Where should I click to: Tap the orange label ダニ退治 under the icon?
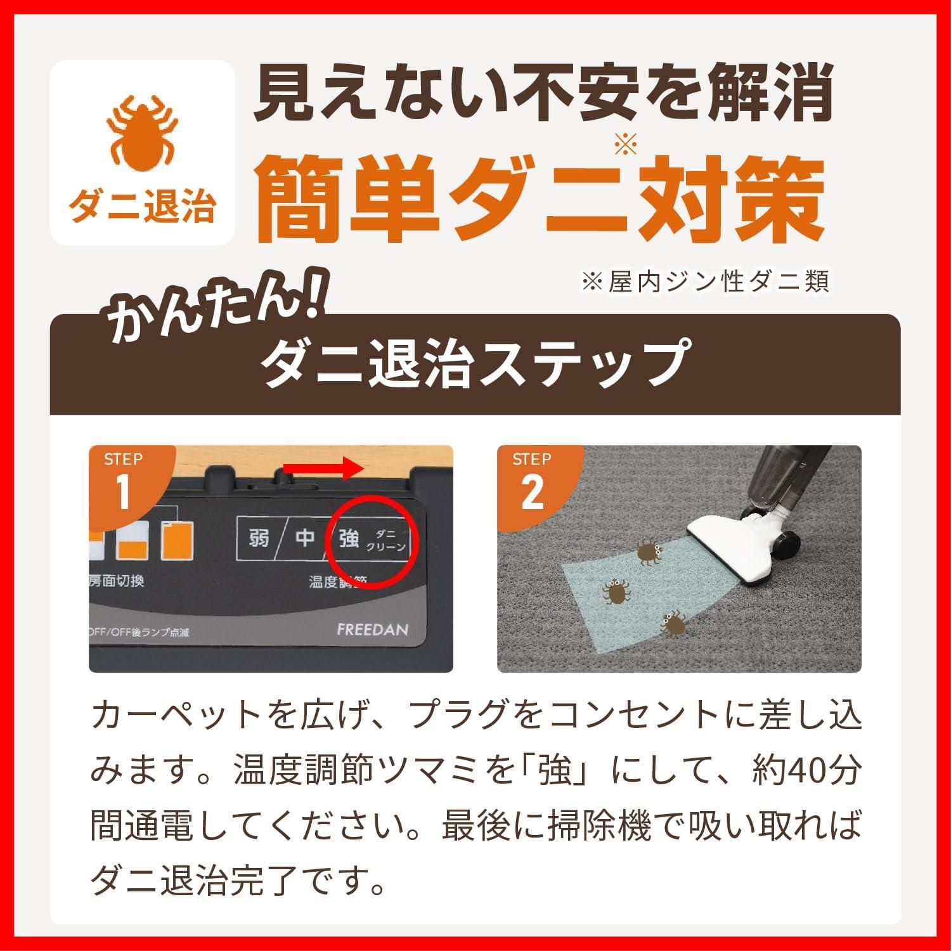tap(142, 207)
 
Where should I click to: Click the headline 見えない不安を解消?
tap(543, 95)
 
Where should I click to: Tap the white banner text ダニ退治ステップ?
tap(474, 365)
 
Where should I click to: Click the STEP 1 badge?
tap(124, 482)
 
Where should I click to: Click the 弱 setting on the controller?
tap(258, 539)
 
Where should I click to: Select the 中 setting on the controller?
tap(305, 539)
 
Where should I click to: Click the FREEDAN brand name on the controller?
tap(372, 630)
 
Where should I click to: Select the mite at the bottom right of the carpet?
tap(673, 623)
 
